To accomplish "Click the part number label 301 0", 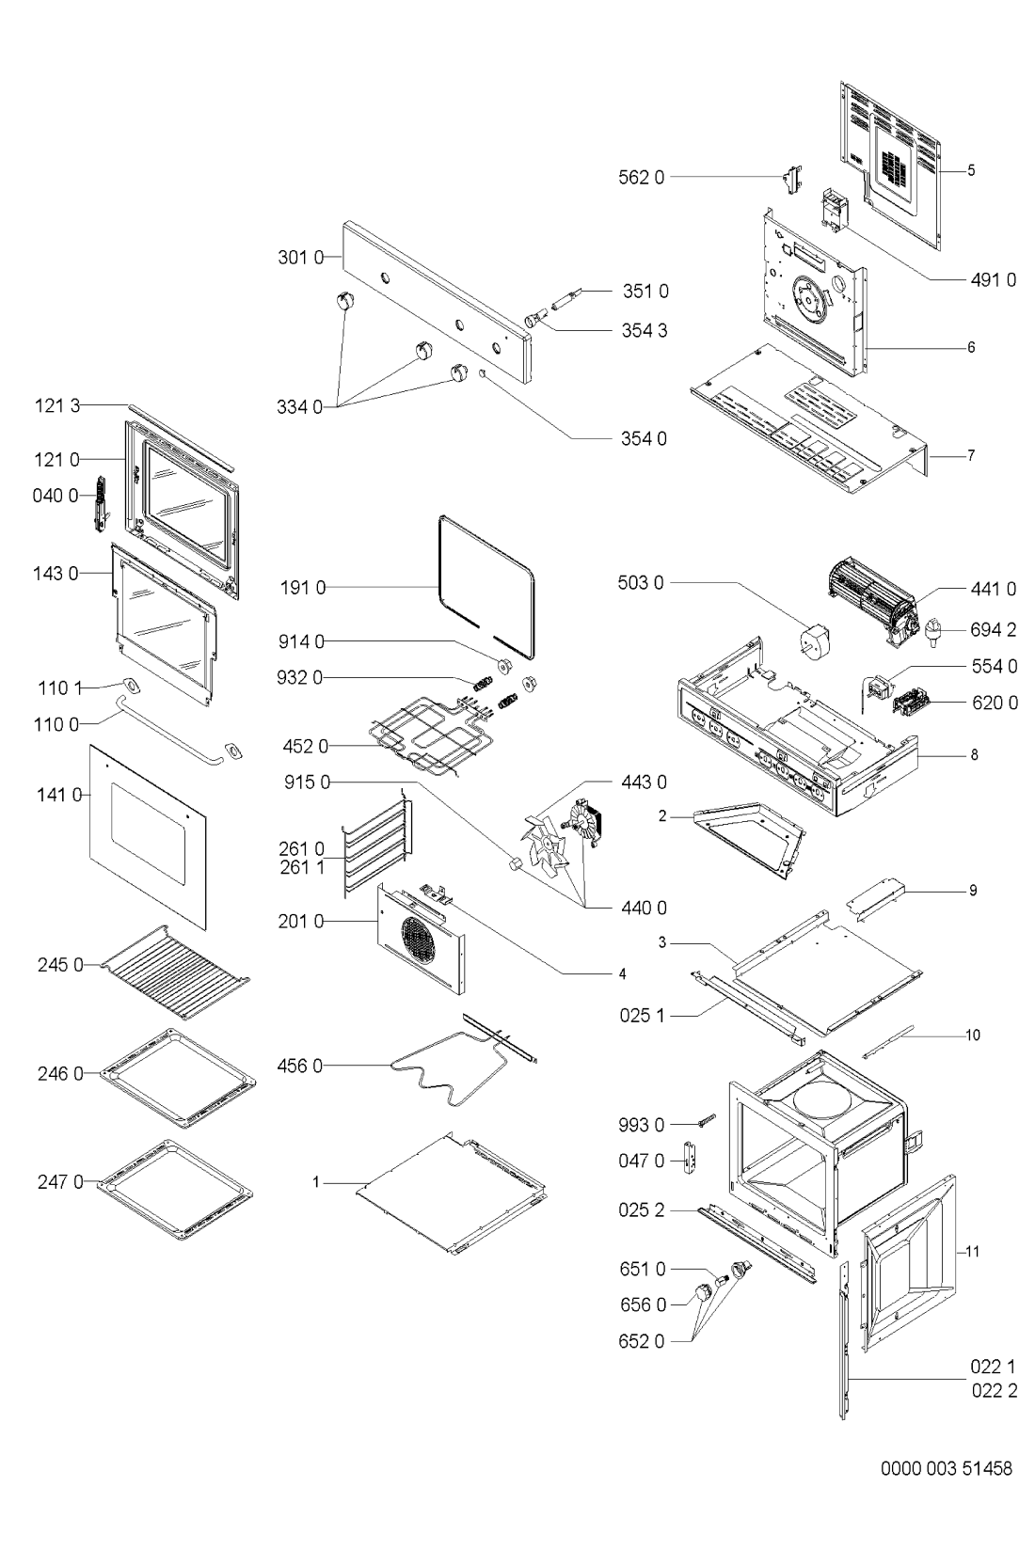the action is pyautogui.click(x=300, y=258).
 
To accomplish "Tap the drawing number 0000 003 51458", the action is pyautogui.click(x=946, y=1469).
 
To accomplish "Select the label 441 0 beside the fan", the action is pyautogui.click(x=994, y=589).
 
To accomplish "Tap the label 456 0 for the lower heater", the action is pyautogui.click(x=299, y=1067).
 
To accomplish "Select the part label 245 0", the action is pyautogui.click(x=60, y=965).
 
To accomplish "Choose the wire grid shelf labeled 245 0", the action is pyautogui.click(x=176, y=972).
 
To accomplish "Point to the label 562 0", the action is pyautogui.click(x=642, y=178).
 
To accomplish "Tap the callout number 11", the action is pyautogui.click(x=973, y=1252).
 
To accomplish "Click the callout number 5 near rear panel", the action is pyautogui.click(x=971, y=170).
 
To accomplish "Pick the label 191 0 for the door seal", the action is pyautogui.click(x=302, y=589).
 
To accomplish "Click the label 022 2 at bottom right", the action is pyautogui.click(x=995, y=1391).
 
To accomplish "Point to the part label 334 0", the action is pyautogui.click(x=299, y=407).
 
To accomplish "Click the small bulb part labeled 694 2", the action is pyautogui.click(x=934, y=632).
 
